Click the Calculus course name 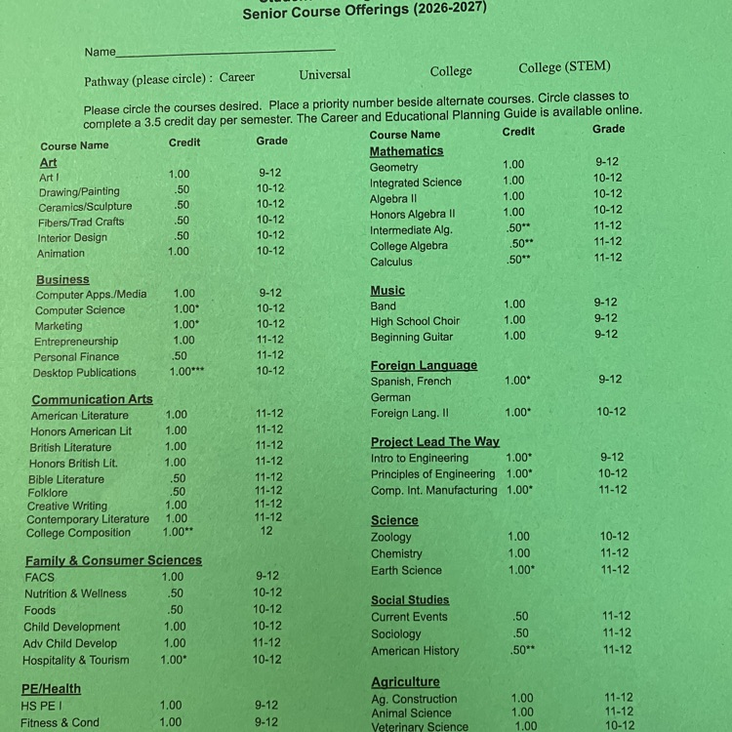pos(391,262)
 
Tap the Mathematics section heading pos(406,151)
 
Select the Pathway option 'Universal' pos(325,74)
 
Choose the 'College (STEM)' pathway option pos(564,67)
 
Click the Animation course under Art pos(61,253)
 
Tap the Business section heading pos(62,279)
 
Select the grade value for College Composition pos(266,532)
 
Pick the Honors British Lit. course pos(73,463)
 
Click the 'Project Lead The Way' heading pos(434,441)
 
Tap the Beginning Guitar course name pos(412,337)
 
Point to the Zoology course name pos(391,537)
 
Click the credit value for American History pos(522,650)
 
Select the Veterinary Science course pos(420,726)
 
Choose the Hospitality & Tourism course pos(76,660)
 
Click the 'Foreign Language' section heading pos(424,365)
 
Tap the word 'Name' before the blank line pos(100,52)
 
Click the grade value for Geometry pos(607,162)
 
